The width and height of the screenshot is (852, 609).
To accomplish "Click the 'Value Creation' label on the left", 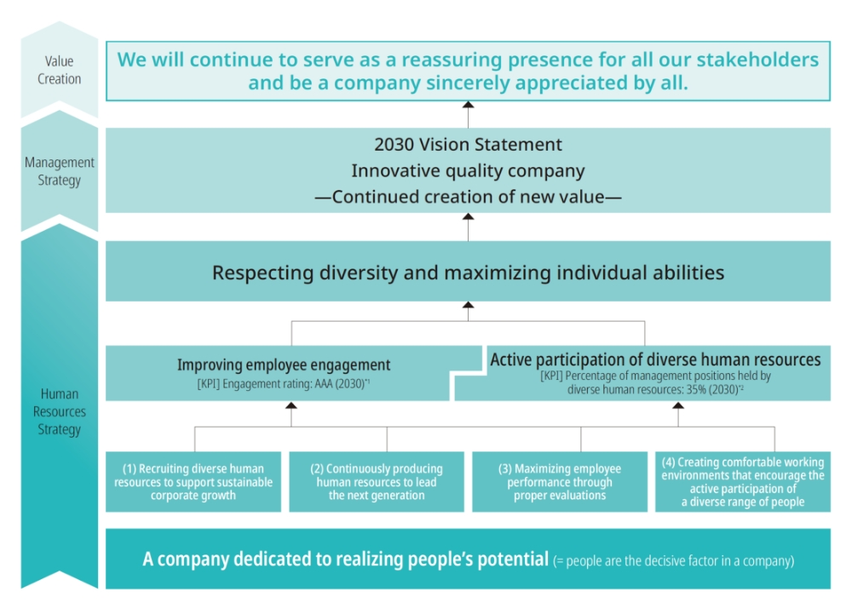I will click(x=59, y=70).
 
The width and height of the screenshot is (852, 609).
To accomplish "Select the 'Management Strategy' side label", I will click(x=59, y=171).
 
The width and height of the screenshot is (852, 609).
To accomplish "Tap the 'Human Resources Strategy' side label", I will click(x=59, y=411).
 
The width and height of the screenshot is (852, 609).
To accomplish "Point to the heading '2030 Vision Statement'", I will click(x=468, y=144).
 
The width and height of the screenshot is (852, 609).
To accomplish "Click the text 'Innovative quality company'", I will click(x=468, y=170).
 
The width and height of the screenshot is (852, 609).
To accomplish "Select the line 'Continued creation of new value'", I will click(x=468, y=197).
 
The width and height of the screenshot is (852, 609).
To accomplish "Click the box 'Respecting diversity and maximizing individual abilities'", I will click(x=468, y=273).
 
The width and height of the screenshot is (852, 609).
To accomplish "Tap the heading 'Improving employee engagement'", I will click(x=284, y=365).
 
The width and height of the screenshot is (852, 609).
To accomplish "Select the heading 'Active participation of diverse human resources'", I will click(x=655, y=359).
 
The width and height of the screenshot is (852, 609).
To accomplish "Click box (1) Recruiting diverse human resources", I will click(x=193, y=482).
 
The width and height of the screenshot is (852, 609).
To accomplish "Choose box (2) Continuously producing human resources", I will click(x=377, y=482).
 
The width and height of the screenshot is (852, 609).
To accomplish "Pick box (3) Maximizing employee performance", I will click(x=560, y=482).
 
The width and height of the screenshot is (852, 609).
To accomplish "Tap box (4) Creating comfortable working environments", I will click(x=743, y=482).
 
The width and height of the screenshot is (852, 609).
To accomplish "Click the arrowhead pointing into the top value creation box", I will click(x=467, y=106).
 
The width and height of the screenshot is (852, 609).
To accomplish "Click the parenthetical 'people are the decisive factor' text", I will click(x=673, y=560).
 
